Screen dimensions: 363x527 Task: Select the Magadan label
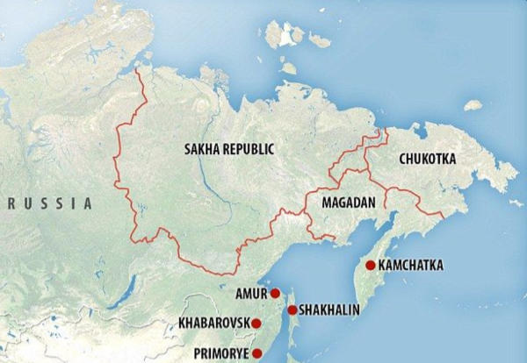[350, 203]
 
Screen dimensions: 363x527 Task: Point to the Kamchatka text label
[411, 265]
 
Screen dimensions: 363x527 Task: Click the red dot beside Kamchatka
[371, 265]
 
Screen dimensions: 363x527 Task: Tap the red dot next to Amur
[275, 293]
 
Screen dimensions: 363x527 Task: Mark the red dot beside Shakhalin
[292, 310]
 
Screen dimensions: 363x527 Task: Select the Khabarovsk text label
[213, 324]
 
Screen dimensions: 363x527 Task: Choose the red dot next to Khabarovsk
[256, 324]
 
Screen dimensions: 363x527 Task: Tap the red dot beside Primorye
[257, 353]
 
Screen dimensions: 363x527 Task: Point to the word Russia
[50, 203]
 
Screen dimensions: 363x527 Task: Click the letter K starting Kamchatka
[382, 265]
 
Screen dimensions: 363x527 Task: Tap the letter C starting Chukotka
[403, 159]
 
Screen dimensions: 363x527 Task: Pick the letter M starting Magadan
[327, 203]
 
